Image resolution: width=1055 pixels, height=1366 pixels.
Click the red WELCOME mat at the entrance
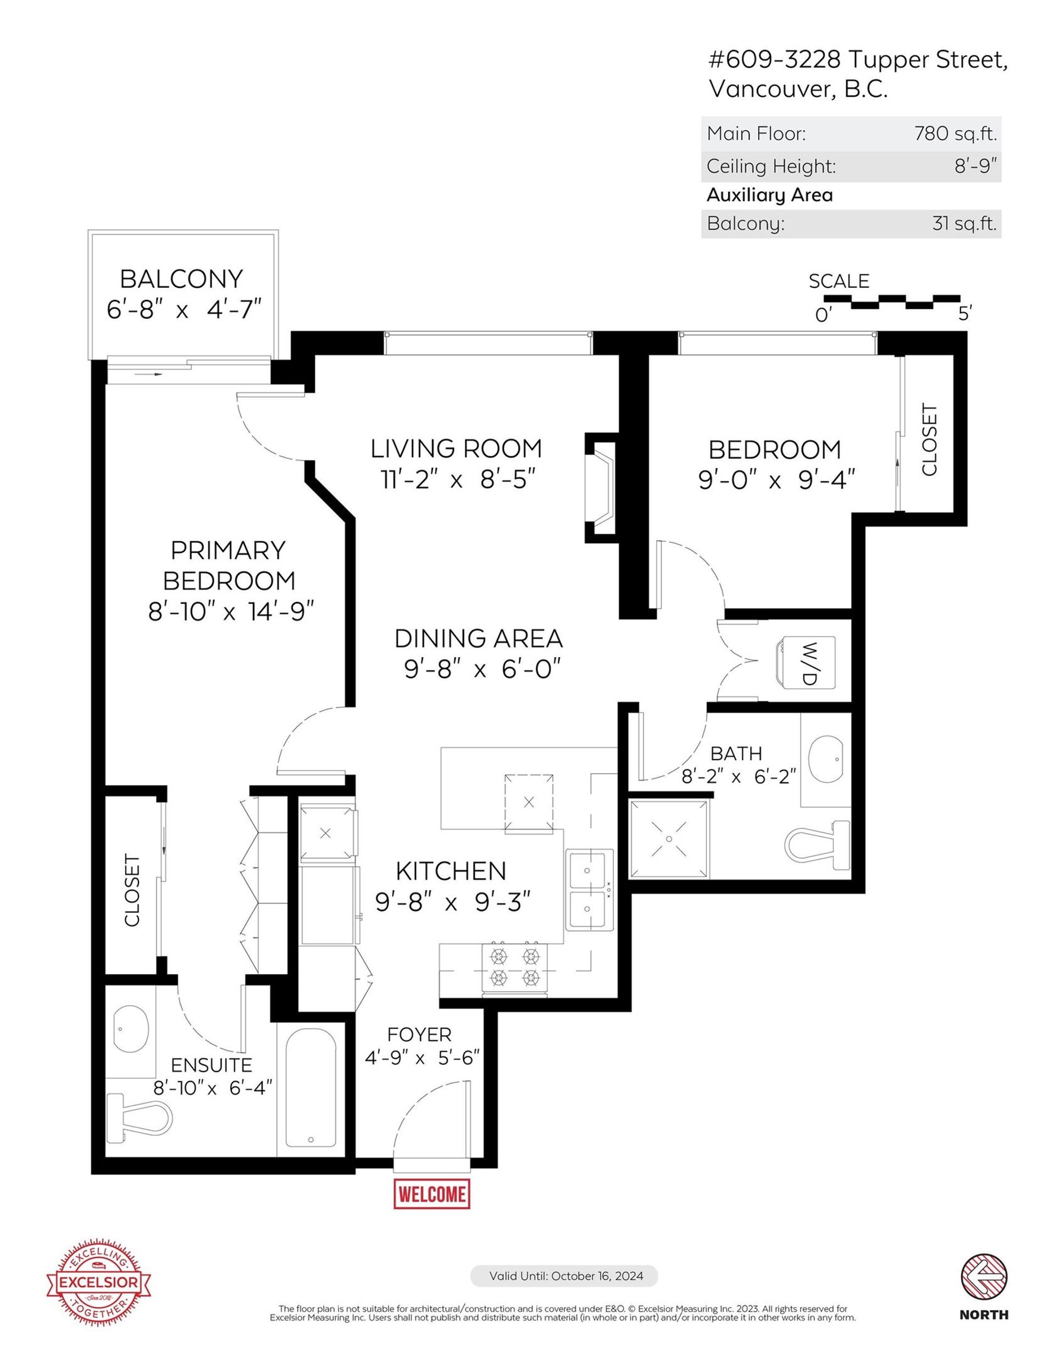431,1194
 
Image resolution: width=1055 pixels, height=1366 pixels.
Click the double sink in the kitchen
590,890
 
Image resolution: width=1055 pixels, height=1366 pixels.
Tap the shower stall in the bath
669,839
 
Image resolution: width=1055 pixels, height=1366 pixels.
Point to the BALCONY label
181,279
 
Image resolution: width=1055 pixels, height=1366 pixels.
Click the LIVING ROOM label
456,448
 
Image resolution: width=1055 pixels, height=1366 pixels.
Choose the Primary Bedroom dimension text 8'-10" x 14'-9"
231,611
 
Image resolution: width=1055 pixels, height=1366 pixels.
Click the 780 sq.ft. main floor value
956,133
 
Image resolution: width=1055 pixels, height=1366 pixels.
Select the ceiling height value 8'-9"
975,166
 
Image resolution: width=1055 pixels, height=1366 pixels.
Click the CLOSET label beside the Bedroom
929,440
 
